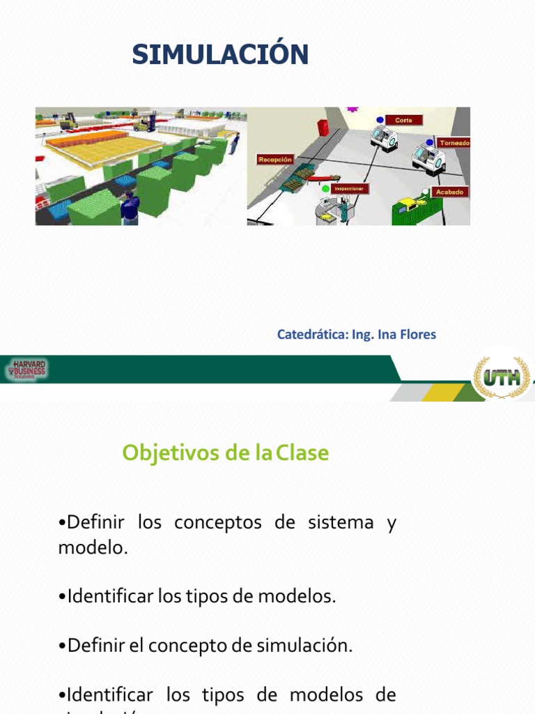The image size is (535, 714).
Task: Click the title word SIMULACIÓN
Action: tap(220, 54)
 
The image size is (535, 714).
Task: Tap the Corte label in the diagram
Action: tap(403, 120)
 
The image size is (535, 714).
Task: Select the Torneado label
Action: tap(453, 143)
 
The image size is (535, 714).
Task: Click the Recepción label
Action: tap(275, 159)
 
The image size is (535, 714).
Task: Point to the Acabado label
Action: tap(449, 191)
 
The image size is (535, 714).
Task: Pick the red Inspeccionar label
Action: tap(349, 188)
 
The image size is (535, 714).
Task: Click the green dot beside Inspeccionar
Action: tap(325, 188)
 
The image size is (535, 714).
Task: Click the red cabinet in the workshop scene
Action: tap(323, 128)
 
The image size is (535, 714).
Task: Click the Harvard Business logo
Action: tap(28, 370)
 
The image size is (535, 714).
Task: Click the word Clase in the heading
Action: tap(302, 453)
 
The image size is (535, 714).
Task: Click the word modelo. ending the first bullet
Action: tap(93, 548)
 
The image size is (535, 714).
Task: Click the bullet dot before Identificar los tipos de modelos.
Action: tap(62, 597)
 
